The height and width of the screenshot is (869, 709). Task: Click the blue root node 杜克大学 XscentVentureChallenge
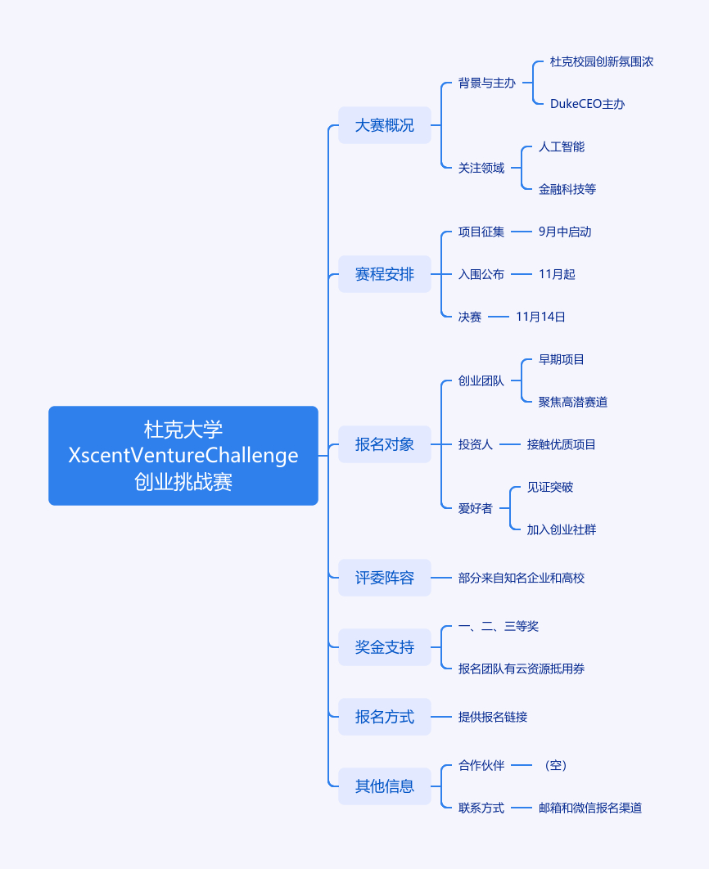pos(183,455)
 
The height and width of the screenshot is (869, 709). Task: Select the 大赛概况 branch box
pos(385,125)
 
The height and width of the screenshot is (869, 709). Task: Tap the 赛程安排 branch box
pos(385,274)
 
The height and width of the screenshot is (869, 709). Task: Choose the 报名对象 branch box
pos(385,444)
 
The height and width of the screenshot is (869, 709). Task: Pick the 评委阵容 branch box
pos(385,578)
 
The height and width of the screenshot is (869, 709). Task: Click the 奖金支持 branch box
pos(385,647)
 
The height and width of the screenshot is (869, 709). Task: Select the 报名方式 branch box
pos(385,717)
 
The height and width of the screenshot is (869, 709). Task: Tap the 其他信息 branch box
pos(385,786)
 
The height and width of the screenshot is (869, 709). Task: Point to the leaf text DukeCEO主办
pos(588,104)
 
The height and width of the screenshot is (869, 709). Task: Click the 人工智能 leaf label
pos(562,146)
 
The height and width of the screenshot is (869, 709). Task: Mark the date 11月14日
pos(540,317)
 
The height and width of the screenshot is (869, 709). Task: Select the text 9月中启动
pos(565,232)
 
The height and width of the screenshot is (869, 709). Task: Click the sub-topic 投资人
pos(476,444)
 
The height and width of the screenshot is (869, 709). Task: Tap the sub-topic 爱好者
pos(476,508)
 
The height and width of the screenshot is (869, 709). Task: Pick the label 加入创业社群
pos(562,529)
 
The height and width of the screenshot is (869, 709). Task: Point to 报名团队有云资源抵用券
pos(522,669)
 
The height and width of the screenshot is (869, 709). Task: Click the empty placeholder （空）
pos(554,765)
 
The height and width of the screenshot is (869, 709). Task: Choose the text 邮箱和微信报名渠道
pos(590,808)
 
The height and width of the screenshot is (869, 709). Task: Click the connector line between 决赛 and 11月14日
pos(499,317)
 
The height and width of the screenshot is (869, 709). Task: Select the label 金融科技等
pos(567,189)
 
